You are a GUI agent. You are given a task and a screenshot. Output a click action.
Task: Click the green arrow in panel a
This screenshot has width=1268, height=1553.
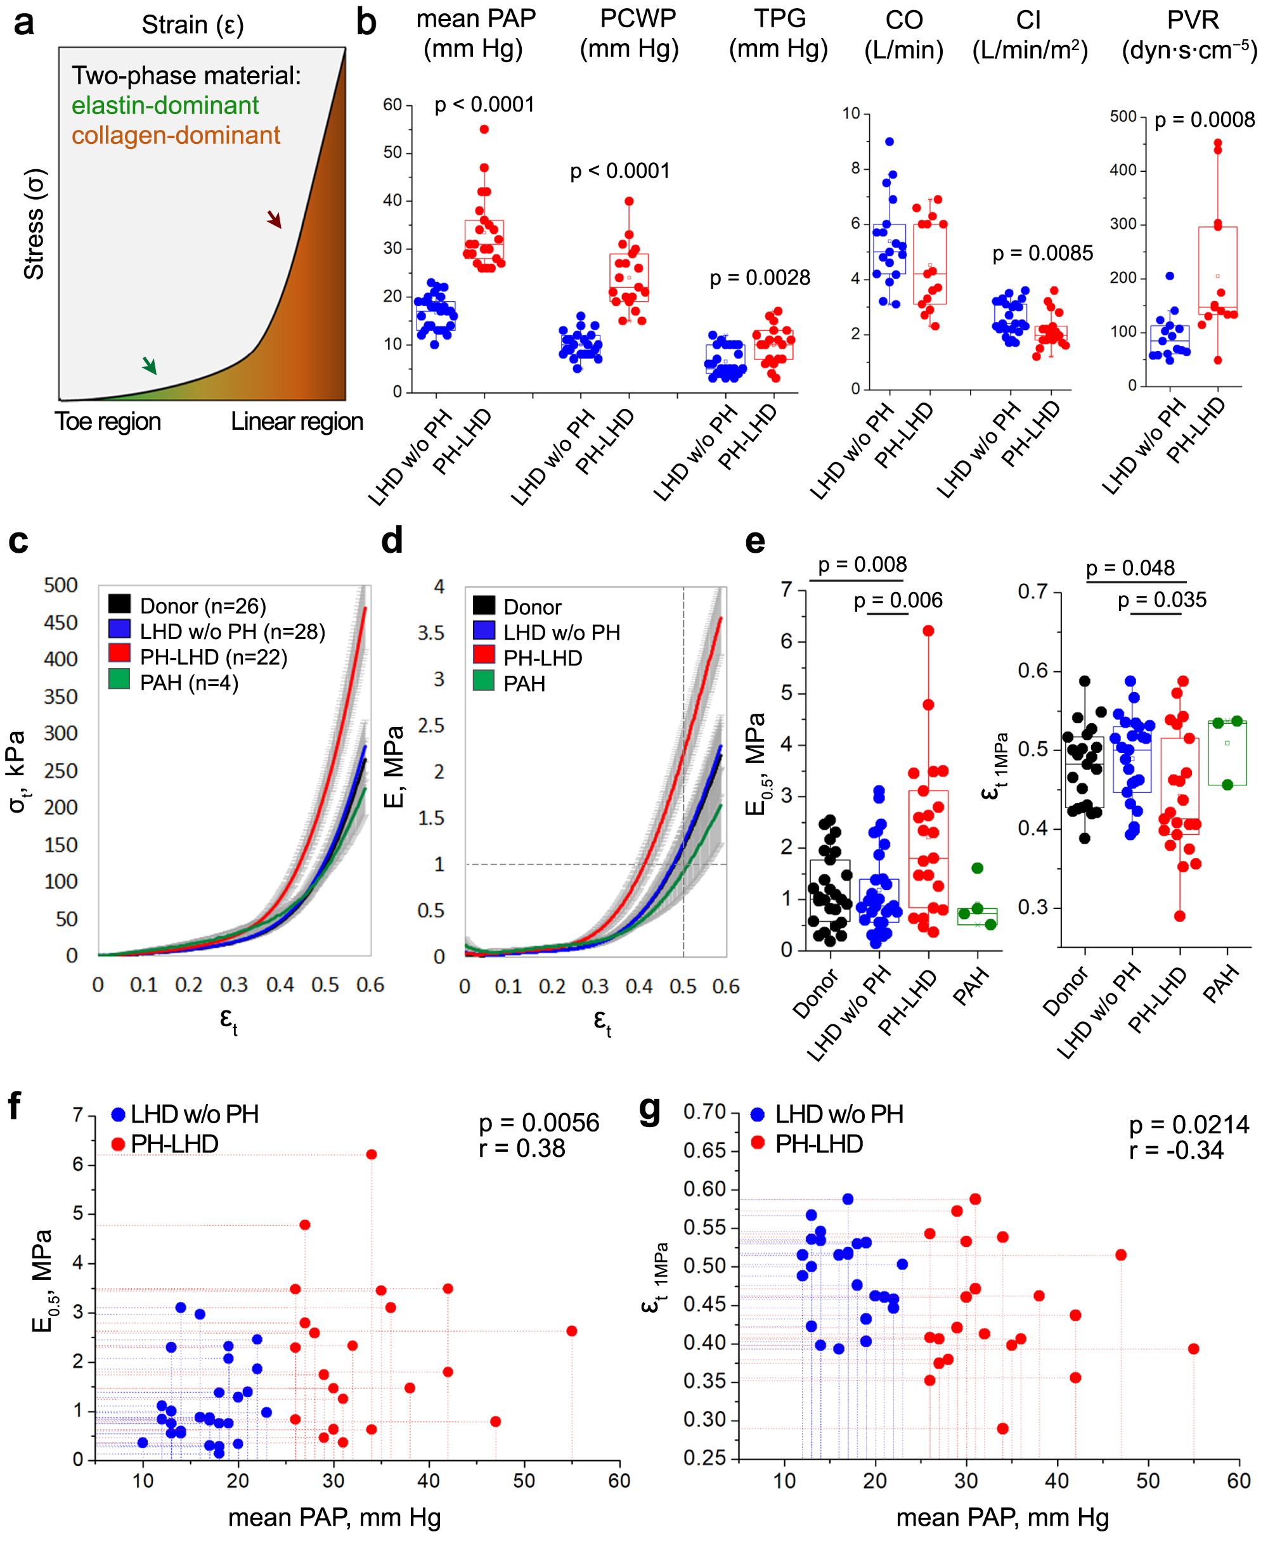pos(149,365)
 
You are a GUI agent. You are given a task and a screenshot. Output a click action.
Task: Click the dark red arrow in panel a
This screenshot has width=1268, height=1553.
pos(274,219)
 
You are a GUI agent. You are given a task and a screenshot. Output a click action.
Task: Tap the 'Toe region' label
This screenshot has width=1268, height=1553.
pos(108,422)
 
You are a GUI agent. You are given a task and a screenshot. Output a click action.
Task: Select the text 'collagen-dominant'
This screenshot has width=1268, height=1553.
pos(176,135)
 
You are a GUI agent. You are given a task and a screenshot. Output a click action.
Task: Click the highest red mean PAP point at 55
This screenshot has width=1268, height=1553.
pos(484,129)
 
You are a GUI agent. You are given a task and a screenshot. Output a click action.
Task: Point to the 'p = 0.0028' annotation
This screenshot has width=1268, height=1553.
pos(760,278)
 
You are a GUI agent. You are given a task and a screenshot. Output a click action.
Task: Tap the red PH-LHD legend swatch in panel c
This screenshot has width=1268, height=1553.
pos(119,653)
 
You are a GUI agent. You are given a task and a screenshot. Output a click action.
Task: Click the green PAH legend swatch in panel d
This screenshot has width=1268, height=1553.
pos(484,681)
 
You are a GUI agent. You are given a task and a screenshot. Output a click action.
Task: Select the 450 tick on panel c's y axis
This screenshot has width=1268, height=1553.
pos(61,623)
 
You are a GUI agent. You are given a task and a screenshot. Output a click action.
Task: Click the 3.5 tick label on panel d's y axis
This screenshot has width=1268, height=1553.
pos(431,633)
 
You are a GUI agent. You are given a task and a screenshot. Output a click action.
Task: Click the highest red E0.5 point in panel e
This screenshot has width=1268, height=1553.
pos(928,631)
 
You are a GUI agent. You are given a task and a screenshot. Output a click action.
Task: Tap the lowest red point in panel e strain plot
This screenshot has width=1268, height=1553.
pos(1180,915)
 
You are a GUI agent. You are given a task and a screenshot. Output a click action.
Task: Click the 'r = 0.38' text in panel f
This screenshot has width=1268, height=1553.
pos(522,1149)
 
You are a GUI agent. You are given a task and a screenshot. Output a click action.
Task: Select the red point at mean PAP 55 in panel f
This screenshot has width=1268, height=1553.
pos(572,1331)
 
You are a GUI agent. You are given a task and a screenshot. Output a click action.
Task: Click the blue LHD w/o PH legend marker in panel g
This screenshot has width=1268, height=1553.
pos(758,1115)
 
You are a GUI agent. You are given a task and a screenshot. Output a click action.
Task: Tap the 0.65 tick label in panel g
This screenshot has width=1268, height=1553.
pos(704,1150)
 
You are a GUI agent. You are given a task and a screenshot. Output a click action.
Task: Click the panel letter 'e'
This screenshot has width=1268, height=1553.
pos(754,541)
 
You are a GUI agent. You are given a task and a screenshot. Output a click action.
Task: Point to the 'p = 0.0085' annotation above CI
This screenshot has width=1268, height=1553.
pos(1042,254)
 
